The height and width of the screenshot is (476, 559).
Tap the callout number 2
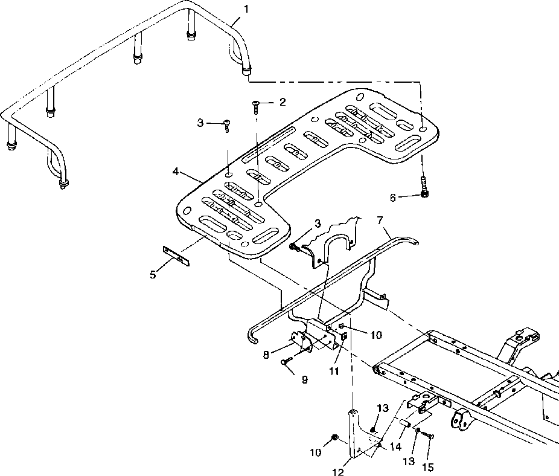point(283,103)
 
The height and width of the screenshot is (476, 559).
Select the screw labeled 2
point(255,106)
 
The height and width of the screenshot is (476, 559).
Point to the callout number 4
point(176,172)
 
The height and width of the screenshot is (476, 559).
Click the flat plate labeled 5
point(176,256)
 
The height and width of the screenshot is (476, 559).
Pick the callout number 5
point(153,275)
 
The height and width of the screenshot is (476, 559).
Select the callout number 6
point(393,198)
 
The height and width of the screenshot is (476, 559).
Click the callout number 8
point(266,355)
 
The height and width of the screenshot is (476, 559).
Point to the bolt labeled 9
point(287,361)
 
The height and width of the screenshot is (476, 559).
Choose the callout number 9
point(304,380)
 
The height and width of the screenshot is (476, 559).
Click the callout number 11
point(334,371)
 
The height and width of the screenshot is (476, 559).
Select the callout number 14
point(396,446)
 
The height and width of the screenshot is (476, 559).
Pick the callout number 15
point(428,467)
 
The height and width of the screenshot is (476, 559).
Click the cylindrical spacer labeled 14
point(405,423)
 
